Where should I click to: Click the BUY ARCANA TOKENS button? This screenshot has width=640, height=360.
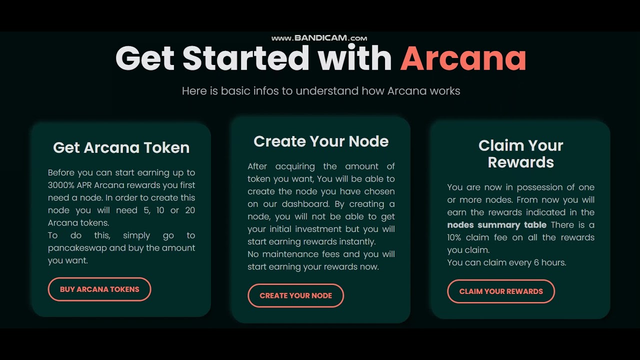(x=99, y=289)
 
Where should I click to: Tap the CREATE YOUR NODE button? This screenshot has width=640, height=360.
(x=295, y=295)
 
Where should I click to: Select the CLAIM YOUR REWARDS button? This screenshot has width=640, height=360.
(x=501, y=291)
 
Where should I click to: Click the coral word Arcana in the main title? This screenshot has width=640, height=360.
(x=463, y=58)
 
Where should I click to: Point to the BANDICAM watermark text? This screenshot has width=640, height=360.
(x=319, y=38)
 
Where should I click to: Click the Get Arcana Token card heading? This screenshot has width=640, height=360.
(x=121, y=147)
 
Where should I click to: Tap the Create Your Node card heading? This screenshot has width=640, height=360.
(x=321, y=141)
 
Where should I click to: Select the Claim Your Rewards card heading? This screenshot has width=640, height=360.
(x=520, y=153)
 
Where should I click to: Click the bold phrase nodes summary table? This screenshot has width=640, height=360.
(x=496, y=225)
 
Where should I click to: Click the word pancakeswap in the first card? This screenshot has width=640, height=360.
(x=71, y=248)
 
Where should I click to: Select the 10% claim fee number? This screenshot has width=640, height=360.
(x=454, y=237)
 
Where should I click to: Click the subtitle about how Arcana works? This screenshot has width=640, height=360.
(x=321, y=91)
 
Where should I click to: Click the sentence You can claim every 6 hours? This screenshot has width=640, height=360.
(x=506, y=262)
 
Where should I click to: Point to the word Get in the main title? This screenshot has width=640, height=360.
(x=144, y=58)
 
